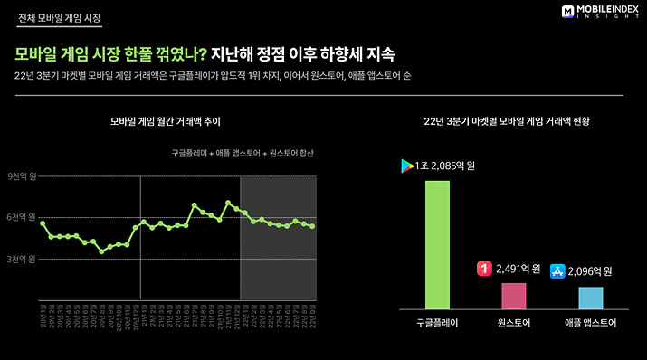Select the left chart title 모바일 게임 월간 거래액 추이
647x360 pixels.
click(x=165, y=120)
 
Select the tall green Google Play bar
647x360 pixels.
click(x=437, y=244)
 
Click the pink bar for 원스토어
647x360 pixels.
click(x=513, y=296)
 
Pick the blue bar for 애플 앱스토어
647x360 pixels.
click(x=590, y=298)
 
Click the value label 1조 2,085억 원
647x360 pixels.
click(x=447, y=166)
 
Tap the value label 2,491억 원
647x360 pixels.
click(x=518, y=269)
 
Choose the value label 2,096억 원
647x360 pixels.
click(x=595, y=270)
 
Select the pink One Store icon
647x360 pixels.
click(x=484, y=269)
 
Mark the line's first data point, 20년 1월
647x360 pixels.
click(x=43, y=223)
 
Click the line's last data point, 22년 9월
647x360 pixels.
click(x=313, y=226)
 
